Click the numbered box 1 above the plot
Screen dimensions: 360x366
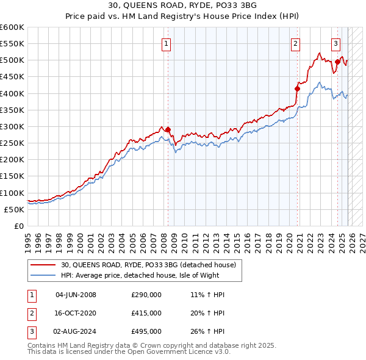coord(166,43)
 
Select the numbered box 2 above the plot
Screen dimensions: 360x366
coord(295,43)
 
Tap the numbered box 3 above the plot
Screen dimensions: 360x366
coord(335,43)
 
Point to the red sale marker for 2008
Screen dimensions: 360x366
coord(168,129)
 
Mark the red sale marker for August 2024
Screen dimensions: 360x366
coord(337,62)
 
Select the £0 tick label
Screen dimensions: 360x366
coord(18,226)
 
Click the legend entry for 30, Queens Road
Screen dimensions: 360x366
coord(152,264)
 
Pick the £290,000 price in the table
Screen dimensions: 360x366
coord(146,295)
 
